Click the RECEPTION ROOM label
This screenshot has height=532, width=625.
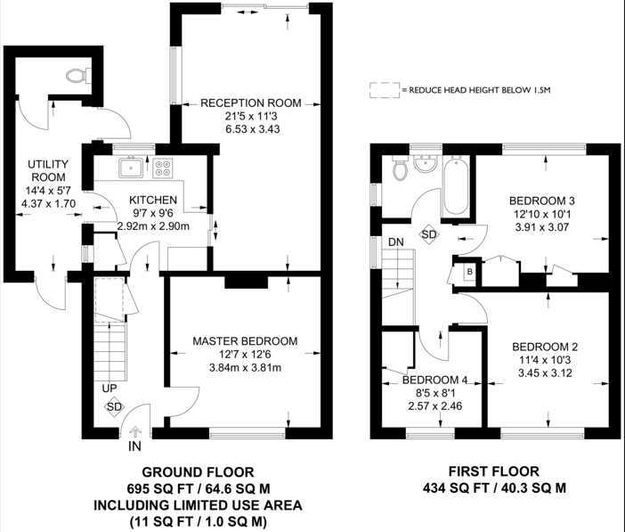[250, 102]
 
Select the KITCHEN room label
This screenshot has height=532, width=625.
[153, 200]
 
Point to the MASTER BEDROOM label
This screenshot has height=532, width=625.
[245, 340]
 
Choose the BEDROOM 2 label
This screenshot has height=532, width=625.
[545, 347]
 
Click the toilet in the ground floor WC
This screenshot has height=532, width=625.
[77, 78]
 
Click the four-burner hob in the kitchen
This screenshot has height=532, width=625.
[163, 167]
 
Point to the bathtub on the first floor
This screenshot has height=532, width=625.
[455, 187]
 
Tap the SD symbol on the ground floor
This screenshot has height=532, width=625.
[113, 407]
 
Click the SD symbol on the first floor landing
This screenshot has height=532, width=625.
[429, 233]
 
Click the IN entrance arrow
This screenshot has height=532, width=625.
[134, 434]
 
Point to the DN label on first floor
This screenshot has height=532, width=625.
[395, 241]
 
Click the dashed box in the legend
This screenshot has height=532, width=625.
[384, 90]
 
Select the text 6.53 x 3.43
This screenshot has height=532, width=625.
[250, 130]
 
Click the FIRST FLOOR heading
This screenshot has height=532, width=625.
[493, 471]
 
